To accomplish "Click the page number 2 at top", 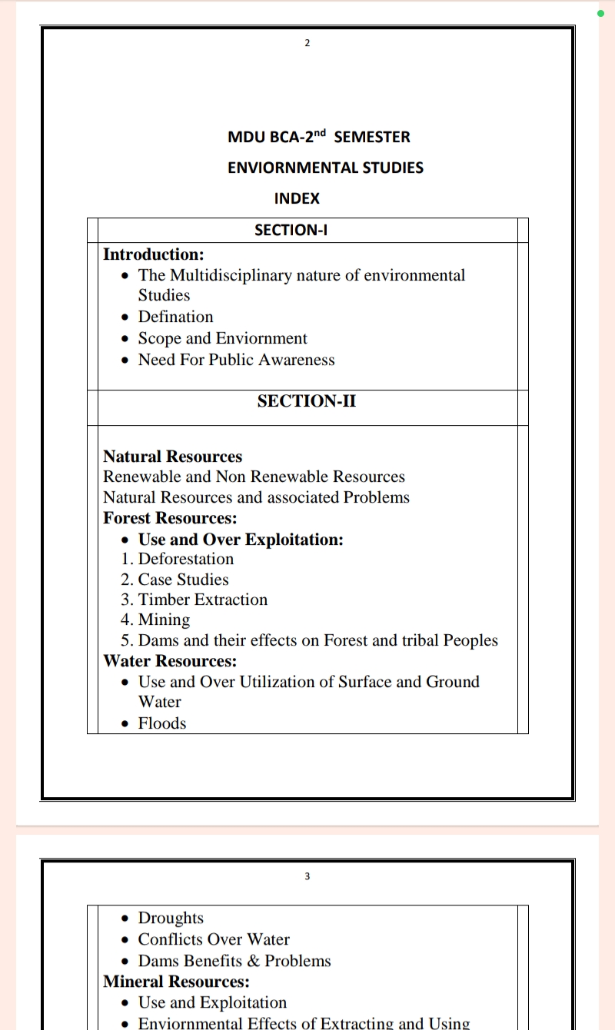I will [x=307, y=42].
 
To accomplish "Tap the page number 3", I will [x=307, y=875].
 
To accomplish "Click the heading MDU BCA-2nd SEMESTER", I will [x=318, y=137].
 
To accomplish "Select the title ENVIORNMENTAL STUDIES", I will [x=325, y=168].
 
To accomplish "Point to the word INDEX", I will [x=297, y=198].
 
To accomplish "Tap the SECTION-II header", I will [x=306, y=400].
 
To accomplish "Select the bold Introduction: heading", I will [x=153, y=254].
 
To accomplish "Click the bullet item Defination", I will [x=175, y=317].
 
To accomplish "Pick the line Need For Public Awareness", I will [x=236, y=360].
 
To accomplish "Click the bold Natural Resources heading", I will [x=172, y=457].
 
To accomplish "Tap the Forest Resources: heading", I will [x=170, y=518].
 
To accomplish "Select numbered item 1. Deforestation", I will [x=178, y=559].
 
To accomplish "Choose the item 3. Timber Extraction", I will [x=194, y=600].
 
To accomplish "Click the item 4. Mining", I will [x=155, y=620].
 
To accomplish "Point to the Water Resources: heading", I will [x=170, y=661].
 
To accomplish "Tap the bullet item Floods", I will [x=161, y=723].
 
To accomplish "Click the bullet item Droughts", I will [x=171, y=918].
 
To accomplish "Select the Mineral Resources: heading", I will [x=176, y=982].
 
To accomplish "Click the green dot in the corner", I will [x=600, y=13].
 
